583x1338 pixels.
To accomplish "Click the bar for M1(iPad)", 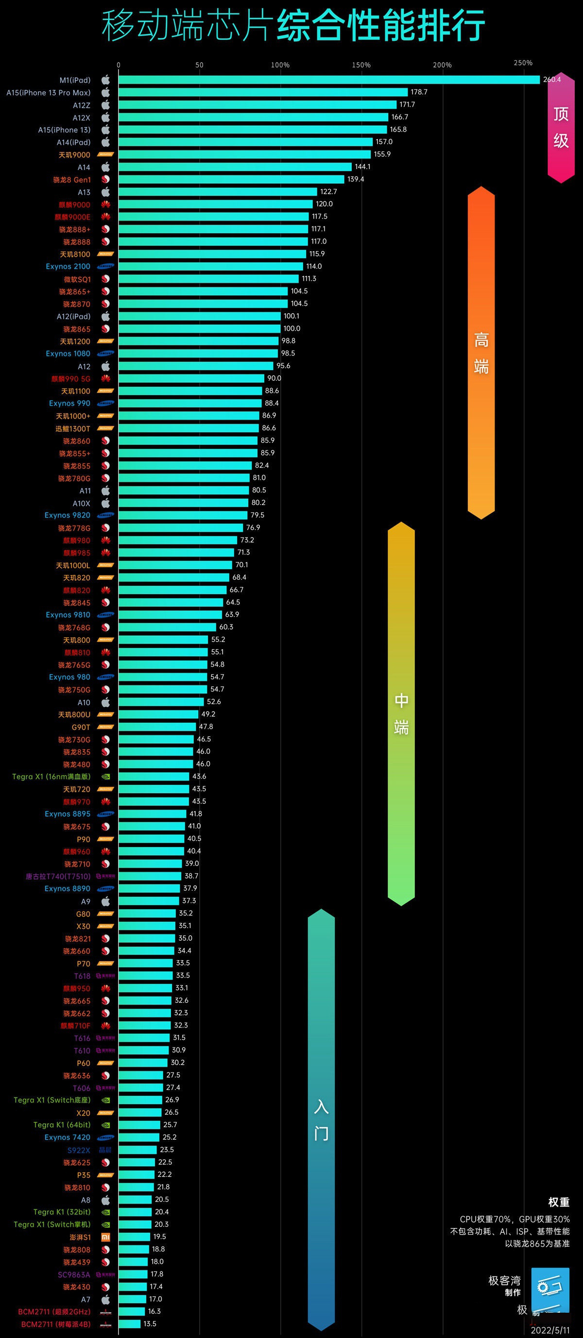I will click(329, 80).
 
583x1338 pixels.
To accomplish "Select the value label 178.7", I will click(419, 92).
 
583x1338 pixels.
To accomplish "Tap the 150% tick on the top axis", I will click(361, 65).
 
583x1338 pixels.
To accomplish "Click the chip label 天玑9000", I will click(74, 155).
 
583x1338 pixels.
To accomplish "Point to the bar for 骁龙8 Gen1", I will click(231, 179).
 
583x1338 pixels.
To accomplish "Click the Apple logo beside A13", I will click(105, 192).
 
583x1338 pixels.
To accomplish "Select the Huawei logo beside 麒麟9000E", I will click(105, 217).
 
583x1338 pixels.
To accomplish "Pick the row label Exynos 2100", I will click(68, 267).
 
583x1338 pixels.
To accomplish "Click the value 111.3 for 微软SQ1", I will click(309, 278).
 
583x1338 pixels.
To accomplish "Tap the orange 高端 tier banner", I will click(481, 353).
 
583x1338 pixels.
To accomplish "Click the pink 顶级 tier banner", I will click(561, 127).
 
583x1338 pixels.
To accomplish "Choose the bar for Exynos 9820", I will click(183, 515).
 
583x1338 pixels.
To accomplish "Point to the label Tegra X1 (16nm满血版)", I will click(51, 777).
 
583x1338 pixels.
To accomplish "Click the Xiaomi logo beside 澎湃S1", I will click(105, 1236).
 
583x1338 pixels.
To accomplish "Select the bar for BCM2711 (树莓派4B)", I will click(129, 1324).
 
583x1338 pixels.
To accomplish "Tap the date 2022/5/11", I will click(550, 1330).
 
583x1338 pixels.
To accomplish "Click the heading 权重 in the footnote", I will click(559, 1202).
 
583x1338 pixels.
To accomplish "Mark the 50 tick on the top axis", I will click(200, 65).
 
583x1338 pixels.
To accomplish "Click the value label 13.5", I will click(150, 1323).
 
